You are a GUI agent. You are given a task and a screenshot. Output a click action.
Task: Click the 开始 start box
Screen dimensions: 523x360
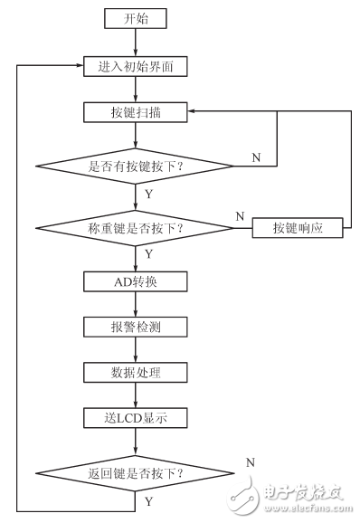click(136, 17)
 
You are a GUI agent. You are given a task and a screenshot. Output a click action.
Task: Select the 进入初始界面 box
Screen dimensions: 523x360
click(136, 66)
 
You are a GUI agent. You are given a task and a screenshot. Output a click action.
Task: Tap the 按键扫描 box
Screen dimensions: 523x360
click(136, 112)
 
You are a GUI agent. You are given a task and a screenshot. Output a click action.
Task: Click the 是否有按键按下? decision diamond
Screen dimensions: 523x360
click(136, 166)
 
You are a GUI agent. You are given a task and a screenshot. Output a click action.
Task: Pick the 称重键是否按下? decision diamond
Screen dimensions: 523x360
click(136, 228)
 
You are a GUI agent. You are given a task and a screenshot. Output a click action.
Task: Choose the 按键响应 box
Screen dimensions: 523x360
click(298, 228)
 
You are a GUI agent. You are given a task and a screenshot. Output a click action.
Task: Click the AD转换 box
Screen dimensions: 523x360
click(136, 281)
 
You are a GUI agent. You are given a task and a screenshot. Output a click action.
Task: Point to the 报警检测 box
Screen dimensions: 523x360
click(136, 326)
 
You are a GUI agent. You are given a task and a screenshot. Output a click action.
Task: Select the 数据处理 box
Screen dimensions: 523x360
click(136, 371)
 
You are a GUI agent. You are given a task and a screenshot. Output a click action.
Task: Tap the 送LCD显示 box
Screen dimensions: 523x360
click(136, 417)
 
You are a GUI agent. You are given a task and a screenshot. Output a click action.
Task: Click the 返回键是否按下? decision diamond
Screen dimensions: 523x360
click(136, 473)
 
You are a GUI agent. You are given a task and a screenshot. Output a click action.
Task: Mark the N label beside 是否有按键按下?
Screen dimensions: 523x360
click(256, 157)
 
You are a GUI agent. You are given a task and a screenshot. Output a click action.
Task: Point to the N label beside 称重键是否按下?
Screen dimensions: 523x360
click(240, 215)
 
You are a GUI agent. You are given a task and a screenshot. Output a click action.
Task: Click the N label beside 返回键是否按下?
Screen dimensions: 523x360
click(250, 461)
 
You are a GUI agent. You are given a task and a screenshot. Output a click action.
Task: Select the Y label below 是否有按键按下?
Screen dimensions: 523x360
click(148, 194)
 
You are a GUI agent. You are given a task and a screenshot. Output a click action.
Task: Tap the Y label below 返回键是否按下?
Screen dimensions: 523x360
click(148, 499)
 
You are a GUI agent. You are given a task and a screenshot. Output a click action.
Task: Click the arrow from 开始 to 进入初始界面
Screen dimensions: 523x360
click(136, 42)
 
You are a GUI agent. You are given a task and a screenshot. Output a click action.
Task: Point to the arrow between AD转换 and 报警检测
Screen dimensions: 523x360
click(136, 303)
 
